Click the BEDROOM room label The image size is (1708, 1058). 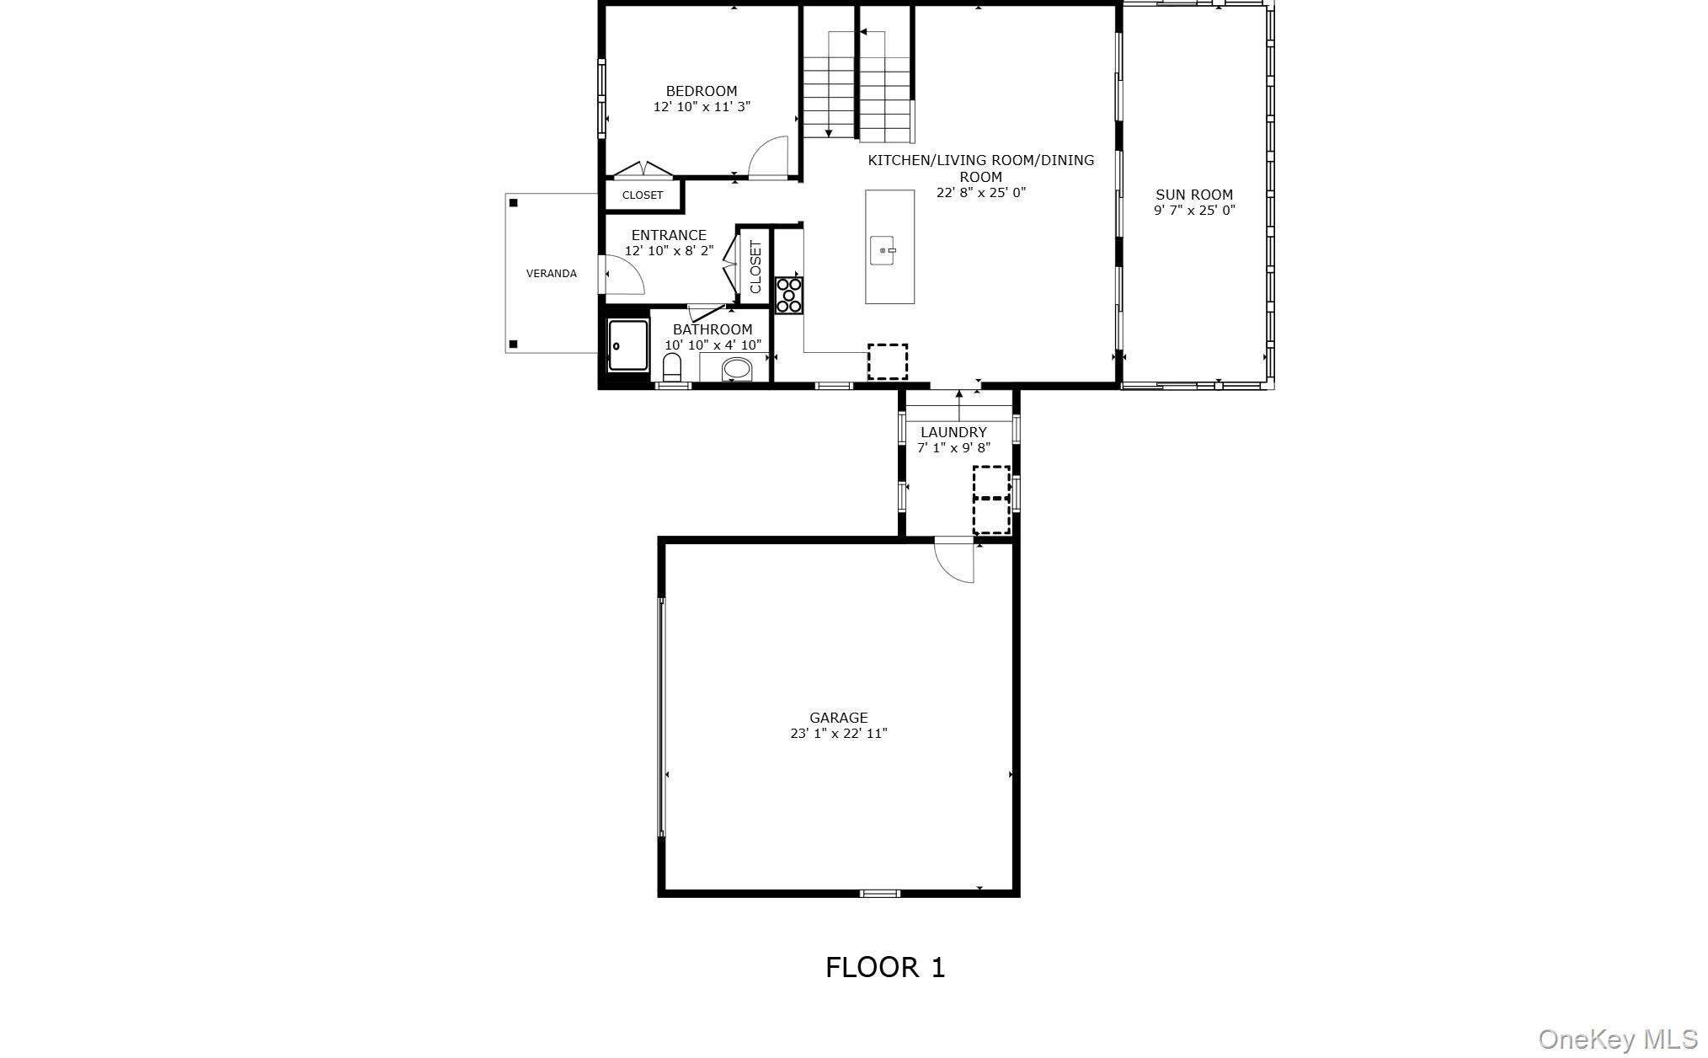pos(702,91)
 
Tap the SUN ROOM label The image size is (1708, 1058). pos(1194,195)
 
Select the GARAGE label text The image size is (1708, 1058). pos(839,718)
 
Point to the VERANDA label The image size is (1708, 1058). pos(552,274)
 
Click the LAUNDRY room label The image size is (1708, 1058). pos(953,432)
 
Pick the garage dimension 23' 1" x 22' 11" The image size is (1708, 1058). pos(839,734)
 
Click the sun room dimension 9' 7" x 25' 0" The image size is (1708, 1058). pos(1194,211)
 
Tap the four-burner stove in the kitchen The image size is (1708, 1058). pos(789,296)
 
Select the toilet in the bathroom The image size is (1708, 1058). pos(672,366)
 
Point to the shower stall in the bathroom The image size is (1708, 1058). pos(628,345)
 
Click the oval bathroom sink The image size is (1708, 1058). pos(737,369)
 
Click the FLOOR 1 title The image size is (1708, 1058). pos(885,967)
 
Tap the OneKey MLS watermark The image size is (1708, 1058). pos(1618,1039)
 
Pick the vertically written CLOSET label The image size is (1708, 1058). pos(755,267)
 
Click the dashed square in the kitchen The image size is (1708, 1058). pos(888,361)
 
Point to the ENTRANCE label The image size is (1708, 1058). pos(669,236)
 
